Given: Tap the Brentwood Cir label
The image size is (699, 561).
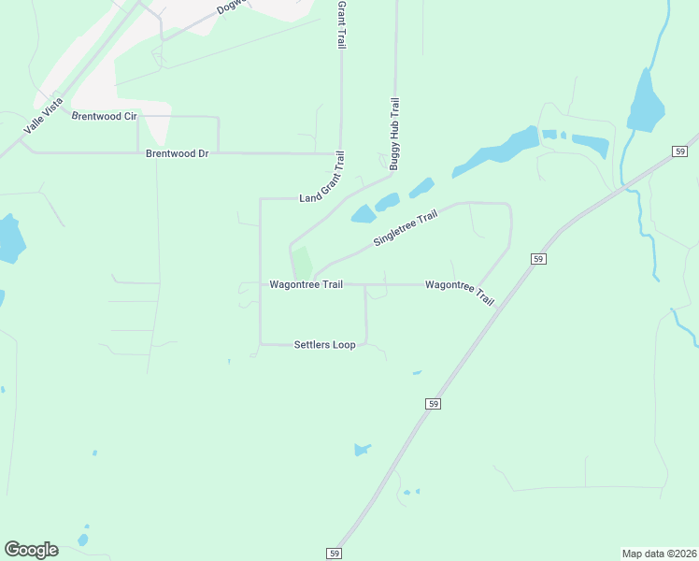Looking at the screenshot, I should point(105,116).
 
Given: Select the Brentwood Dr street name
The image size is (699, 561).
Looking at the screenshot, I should point(177,152).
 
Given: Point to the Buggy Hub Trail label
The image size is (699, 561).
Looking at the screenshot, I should point(394,134).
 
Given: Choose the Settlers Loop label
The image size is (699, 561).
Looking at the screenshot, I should point(324,345).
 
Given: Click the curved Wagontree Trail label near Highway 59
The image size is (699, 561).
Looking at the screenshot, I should point(459,291).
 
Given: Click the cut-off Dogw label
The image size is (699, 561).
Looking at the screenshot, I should point(229,7).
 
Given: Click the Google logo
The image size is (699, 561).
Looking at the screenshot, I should point(31,550).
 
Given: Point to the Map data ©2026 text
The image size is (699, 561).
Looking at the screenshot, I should point(660,554).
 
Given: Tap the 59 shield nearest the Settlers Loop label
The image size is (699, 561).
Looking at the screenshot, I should point(433,403).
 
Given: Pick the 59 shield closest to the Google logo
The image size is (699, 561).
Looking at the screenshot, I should point(335,554).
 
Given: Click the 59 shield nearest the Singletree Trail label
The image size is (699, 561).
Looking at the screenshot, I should point(538,258).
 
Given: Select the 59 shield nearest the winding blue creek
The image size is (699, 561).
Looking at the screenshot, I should point(679,151).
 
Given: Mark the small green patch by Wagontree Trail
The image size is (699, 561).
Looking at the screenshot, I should point(302,263).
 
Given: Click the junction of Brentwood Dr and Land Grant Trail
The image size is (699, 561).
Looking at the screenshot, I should point(340,152).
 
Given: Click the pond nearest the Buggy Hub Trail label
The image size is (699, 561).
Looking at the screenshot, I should point(387,202).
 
